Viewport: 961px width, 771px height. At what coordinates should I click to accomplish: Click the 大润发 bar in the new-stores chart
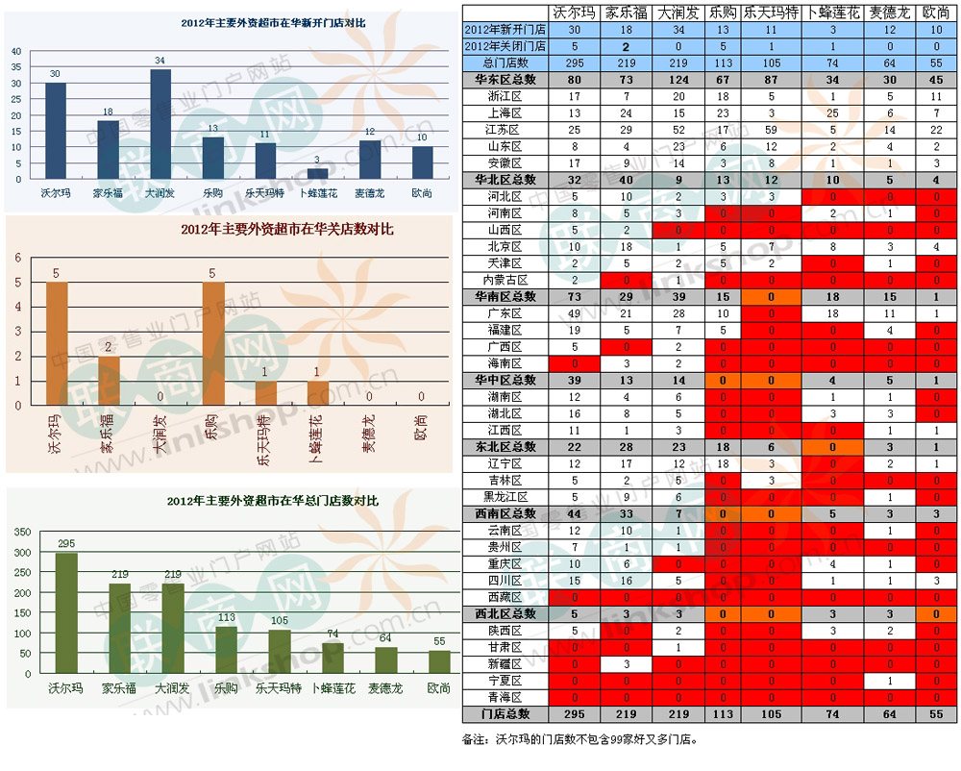coord(160,124)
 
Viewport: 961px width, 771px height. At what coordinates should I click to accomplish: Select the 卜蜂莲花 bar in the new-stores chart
coord(317,174)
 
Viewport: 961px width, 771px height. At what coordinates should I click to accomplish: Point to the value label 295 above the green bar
coord(66,544)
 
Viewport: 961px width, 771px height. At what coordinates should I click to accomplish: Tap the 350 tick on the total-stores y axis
coord(20,529)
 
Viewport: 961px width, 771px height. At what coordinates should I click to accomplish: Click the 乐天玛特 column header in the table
coord(772,12)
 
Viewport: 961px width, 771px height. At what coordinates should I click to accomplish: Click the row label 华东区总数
coord(505,79)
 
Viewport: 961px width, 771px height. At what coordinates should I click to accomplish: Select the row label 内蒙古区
coord(505,280)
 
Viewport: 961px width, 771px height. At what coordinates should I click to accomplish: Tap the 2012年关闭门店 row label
coord(505,46)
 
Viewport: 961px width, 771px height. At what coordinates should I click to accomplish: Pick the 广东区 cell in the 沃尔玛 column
coord(575,313)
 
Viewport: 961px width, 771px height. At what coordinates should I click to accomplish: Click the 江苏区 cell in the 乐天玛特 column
coord(772,129)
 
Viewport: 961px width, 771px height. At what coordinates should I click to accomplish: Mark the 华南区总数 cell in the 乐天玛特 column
coord(772,297)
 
